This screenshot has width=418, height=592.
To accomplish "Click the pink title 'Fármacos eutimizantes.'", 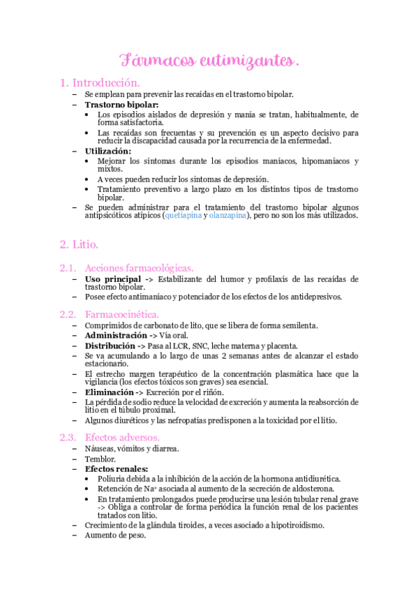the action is pos(209,61).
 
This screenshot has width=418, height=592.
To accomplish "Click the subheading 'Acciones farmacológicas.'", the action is pos(139,268).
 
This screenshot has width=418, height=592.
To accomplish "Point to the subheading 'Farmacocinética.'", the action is pos(121,313).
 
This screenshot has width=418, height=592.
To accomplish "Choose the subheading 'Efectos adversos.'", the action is pos(123,437).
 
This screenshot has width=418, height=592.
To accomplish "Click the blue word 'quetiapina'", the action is pos(185,216).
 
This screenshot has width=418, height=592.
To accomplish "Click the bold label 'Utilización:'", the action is pos(107,151).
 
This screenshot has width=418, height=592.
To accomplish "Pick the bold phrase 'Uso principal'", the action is pos(112,279).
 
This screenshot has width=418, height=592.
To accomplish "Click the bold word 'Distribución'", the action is pos(110,346).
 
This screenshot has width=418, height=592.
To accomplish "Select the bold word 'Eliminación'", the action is pos(109,392).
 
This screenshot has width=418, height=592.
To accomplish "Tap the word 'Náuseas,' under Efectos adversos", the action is pos(101,448).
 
